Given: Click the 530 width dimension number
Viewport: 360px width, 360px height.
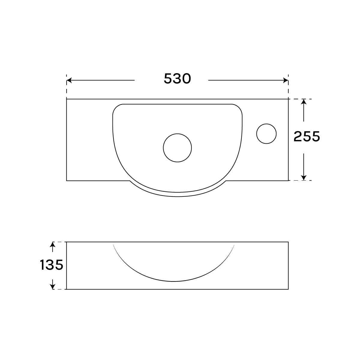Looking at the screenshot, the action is (177, 79).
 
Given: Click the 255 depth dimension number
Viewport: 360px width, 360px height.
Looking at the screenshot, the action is (307, 136).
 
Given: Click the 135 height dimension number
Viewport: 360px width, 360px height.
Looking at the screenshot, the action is (52, 265).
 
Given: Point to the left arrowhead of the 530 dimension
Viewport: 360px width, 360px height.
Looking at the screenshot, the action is (69, 80).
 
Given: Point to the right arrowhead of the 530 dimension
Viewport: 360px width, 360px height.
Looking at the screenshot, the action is (286, 80).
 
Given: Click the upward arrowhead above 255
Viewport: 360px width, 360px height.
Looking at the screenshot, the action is (304, 102).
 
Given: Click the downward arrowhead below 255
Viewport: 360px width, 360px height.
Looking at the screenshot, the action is (304, 178).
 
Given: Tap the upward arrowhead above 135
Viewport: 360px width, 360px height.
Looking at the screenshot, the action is (53, 244).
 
